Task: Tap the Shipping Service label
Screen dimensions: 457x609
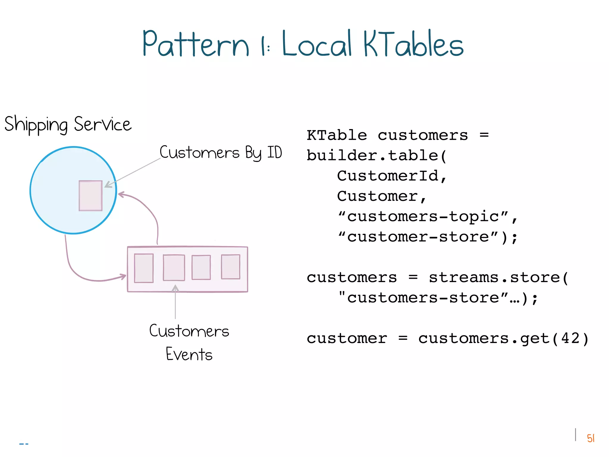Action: [x=68, y=124]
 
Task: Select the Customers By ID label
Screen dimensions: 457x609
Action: [x=221, y=153]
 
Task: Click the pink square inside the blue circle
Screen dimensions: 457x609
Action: [x=90, y=196]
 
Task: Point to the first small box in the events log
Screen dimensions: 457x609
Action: [x=144, y=268]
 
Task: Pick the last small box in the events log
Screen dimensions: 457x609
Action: [x=230, y=267]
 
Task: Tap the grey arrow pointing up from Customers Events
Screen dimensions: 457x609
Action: [x=175, y=302]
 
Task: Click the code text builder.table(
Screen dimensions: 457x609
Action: [x=376, y=156]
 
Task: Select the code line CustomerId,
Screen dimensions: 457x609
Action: [x=392, y=176]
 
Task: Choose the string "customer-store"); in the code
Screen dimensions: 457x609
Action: [x=427, y=237]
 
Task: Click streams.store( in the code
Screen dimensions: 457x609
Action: [x=498, y=278]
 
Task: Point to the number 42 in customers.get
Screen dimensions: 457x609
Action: [x=570, y=338]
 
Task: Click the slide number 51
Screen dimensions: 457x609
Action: [x=591, y=438]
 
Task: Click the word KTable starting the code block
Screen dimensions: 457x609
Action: [x=337, y=135]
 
